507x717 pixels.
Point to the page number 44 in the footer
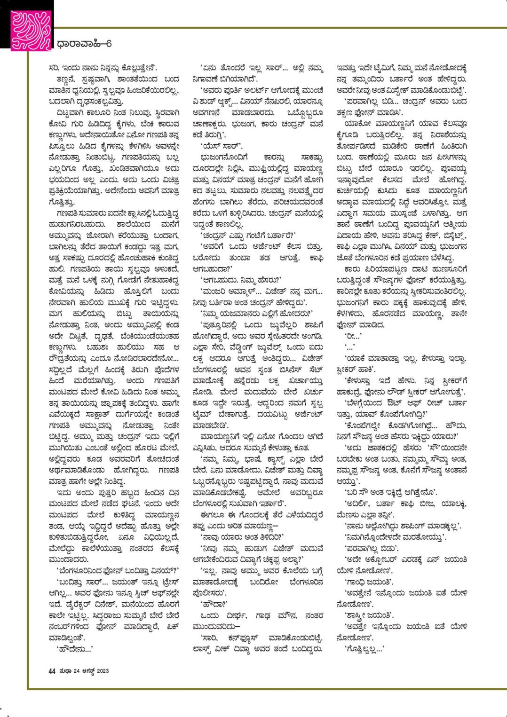click(52, 671)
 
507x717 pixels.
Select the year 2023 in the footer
click(103, 671)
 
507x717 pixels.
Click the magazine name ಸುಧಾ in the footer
click(64, 671)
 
